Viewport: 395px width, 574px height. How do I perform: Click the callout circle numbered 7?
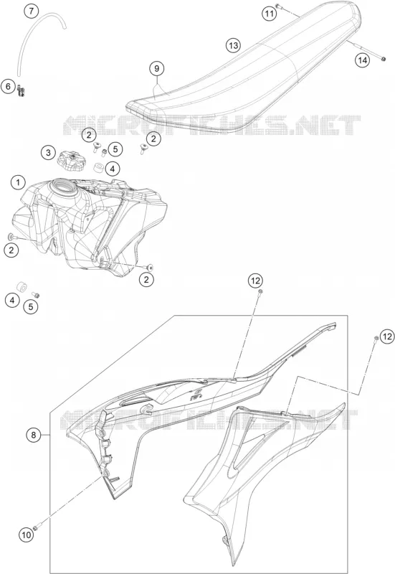pos(31,11)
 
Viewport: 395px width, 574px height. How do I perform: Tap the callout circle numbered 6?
pos(8,87)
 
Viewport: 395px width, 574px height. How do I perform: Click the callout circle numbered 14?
pos(362,60)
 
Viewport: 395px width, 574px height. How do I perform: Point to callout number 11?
pos(269,14)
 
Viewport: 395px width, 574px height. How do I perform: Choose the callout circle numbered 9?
pos(156,68)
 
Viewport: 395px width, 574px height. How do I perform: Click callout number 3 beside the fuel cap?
pos(48,153)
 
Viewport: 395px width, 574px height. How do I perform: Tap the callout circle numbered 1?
pos(19,182)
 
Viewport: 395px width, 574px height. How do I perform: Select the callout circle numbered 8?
pos(34,435)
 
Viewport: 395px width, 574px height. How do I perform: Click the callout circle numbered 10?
pos(27,535)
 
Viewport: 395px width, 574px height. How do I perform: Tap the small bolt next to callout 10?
pos(37,527)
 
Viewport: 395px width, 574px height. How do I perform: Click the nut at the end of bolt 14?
pos(383,59)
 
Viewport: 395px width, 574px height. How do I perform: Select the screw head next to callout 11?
pos(277,6)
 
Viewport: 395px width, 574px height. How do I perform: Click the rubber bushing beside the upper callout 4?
pos(97,168)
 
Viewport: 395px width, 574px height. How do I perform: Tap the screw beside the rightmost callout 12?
pos(376,338)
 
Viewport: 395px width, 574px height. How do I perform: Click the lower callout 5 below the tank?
pos(31,306)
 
